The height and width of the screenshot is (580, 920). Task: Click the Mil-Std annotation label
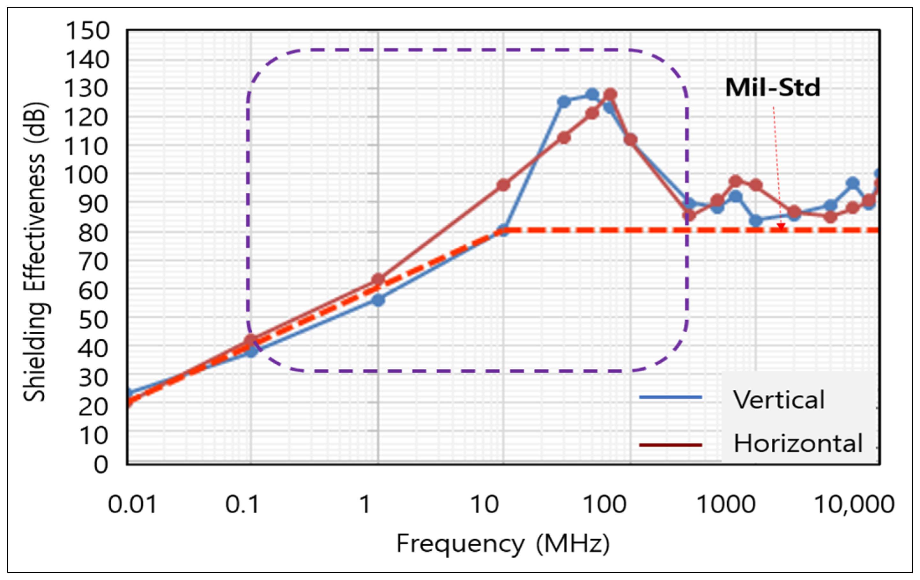click(x=773, y=88)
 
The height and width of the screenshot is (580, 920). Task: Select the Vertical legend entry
click(x=779, y=400)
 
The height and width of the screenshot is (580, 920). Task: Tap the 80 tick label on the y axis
click(x=93, y=233)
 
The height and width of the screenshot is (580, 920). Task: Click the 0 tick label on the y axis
click(x=101, y=465)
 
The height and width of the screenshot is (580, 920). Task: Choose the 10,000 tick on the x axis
click(x=854, y=504)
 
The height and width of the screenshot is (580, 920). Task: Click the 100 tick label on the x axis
click(x=605, y=504)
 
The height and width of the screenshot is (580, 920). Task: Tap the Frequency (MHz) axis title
click(x=503, y=544)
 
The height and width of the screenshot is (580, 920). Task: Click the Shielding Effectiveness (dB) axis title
click(x=35, y=252)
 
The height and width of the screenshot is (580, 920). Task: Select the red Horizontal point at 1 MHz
click(x=378, y=280)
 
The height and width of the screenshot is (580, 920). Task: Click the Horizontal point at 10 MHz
click(x=504, y=185)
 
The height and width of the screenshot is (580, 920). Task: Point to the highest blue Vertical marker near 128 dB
click(x=592, y=94)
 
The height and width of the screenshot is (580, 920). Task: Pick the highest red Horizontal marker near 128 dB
click(x=611, y=94)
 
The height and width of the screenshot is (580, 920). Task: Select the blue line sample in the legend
click(x=671, y=397)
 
